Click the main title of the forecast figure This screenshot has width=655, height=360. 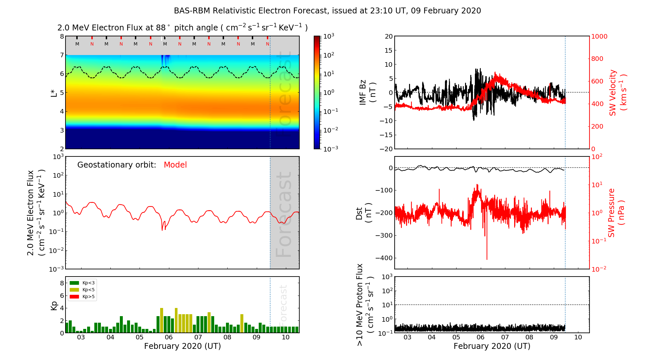(x=327, y=11)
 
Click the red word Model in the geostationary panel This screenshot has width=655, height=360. (x=175, y=165)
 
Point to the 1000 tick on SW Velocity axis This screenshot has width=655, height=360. (x=599, y=36)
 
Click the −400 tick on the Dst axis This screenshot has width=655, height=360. (x=384, y=258)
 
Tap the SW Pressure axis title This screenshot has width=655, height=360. (x=616, y=213)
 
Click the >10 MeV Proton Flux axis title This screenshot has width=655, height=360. (x=365, y=305)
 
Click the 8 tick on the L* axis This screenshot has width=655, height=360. (x=62, y=36)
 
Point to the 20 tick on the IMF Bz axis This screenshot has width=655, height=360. (x=388, y=36)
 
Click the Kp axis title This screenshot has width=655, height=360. (x=54, y=305)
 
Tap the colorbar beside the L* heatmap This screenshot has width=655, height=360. (x=317, y=92)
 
